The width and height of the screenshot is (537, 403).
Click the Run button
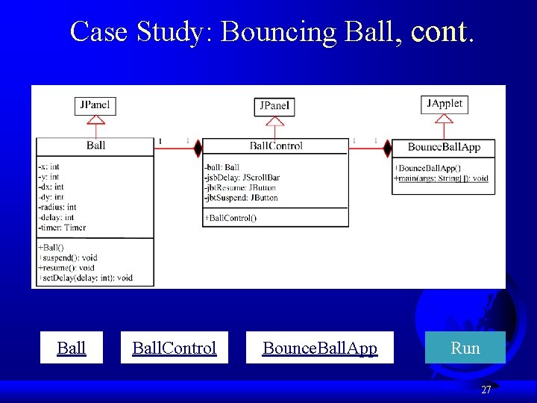465,348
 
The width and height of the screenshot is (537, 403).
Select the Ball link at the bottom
72,348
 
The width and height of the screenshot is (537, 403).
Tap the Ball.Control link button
174,348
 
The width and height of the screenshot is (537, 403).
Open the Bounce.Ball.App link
319,348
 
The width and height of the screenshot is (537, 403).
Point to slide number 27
486,390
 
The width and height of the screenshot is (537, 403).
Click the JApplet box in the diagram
445,104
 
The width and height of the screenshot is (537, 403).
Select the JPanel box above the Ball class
94,105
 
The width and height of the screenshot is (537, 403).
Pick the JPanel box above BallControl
275,107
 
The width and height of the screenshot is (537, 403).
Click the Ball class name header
95,146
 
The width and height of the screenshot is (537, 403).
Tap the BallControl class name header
276,146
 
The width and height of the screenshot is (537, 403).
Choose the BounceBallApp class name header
444,147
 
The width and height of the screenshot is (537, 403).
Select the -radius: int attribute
57,207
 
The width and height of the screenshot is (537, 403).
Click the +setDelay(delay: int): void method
85,278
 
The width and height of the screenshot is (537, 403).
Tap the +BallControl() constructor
230,218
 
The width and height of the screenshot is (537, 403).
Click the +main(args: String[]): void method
441,178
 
